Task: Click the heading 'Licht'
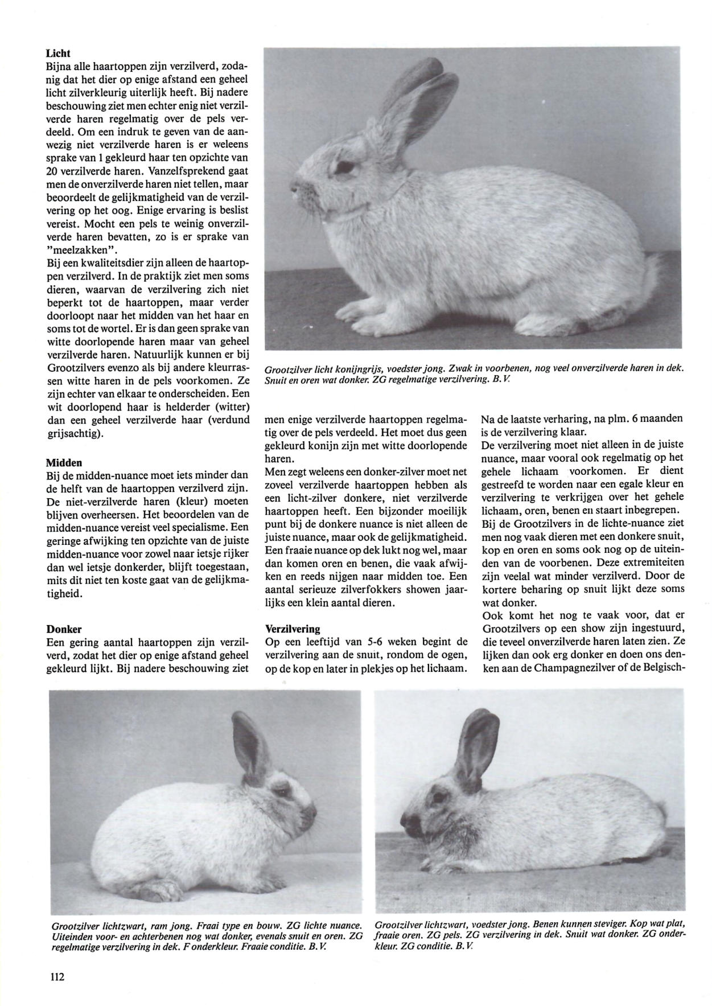pos(58,54)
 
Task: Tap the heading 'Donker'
pos(64,629)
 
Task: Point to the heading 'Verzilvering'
pos(293,629)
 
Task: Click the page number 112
pos(57,977)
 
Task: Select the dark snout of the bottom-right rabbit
pos(409,820)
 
